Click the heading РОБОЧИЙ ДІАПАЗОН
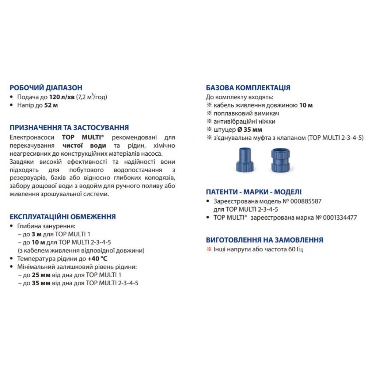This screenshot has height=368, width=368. pyautogui.click(x=46, y=88)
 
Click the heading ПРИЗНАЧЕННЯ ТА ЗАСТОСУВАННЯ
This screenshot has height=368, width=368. pyautogui.click(x=69, y=128)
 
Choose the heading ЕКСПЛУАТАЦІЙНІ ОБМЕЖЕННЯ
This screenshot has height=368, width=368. pyautogui.click(x=63, y=217)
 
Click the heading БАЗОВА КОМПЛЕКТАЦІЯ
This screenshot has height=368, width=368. pyautogui.click(x=248, y=88)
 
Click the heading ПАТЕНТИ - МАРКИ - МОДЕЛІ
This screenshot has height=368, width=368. pyautogui.click(x=254, y=192)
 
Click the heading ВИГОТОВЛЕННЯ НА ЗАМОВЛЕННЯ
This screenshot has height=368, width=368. pyautogui.click(x=264, y=240)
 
